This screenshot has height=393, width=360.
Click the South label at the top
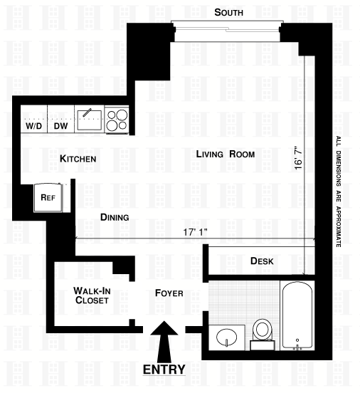click(x=228, y=12)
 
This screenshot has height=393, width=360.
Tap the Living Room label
click(x=226, y=154)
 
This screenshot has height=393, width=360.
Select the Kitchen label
click(x=78, y=159)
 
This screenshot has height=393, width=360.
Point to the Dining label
click(x=115, y=217)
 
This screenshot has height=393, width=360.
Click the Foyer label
click(x=169, y=293)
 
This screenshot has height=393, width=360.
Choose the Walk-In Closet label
click(x=92, y=295)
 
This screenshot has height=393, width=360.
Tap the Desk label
click(x=262, y=261)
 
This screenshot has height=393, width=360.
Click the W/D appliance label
click(x=34, y=126)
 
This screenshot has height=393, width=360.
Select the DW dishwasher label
click(x=61, y=126)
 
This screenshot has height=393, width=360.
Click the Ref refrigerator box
click(x=48, y=197)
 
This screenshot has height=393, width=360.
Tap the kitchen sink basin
click(x=90, y=120)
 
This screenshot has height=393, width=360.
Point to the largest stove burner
click(x=122, y=115)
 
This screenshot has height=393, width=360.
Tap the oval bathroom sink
click(x=226, y=337)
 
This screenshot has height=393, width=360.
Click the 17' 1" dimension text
click(x=195, y=232)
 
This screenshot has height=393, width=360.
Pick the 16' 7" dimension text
click(x=299, y=158)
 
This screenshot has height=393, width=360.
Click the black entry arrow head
click(x=164, y=328)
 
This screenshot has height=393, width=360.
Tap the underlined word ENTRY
click(x=164, y=370)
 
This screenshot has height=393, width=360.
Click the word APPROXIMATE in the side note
click(x=339, y=227)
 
